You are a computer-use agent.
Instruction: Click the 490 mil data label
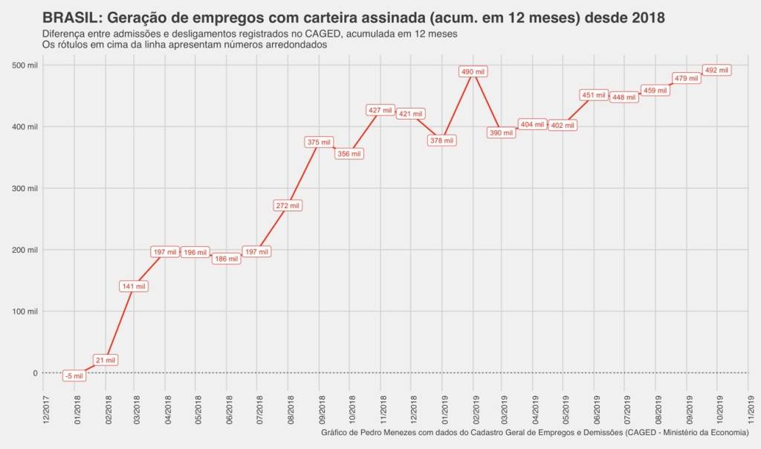click(x=473, y=71)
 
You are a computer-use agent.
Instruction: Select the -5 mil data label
click(x=74, y=376)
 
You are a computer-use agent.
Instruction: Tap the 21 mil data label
click(x=105, y=360)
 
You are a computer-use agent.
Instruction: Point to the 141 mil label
click(x=134, y=286)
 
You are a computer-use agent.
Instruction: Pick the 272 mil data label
click(x=288, y=205)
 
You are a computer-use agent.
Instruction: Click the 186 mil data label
click(x=226, y=259)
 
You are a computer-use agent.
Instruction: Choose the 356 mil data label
click(x=349, y=154)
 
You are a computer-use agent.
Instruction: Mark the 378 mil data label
click(x=442, y=140)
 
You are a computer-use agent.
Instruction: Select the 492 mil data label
click(x=716, y=70)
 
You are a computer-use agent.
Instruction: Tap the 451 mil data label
click(x=593, y=95)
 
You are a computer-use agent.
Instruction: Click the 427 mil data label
click(x=380, y=110)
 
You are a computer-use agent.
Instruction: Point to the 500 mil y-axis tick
click(x=25, y=65)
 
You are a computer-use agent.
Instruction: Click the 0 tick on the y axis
click(x=34, y=373)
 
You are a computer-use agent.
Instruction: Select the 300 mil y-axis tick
click(x=25, y=189)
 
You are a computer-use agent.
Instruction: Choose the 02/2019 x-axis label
click(x=474, y=408)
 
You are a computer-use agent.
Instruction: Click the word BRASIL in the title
click(x=72, y=17)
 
